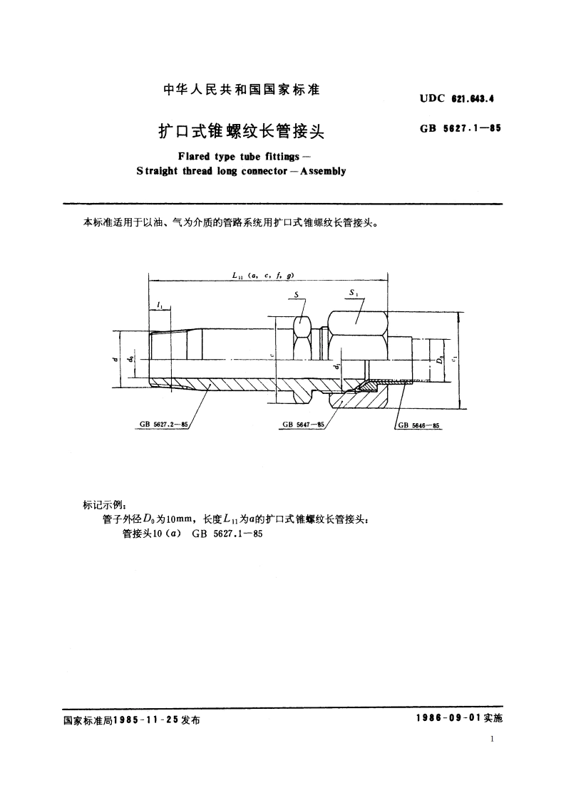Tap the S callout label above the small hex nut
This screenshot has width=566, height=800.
click(296, 294)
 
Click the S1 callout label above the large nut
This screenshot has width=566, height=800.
click(354, 293)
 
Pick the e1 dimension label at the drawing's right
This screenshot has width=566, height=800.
click(454, 358)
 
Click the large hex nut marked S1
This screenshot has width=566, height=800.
click(357, 331)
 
